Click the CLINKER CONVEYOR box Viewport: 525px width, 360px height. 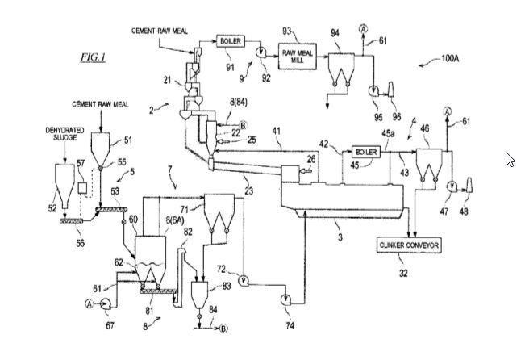click(x=409, y=245)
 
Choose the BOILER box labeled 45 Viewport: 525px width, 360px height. click(x=366, y=152)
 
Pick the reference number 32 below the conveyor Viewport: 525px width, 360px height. click(x=403, y=273)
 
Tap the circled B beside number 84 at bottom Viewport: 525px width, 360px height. click(x=223, y=329)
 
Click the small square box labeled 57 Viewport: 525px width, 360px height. click(x=82, y=188)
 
